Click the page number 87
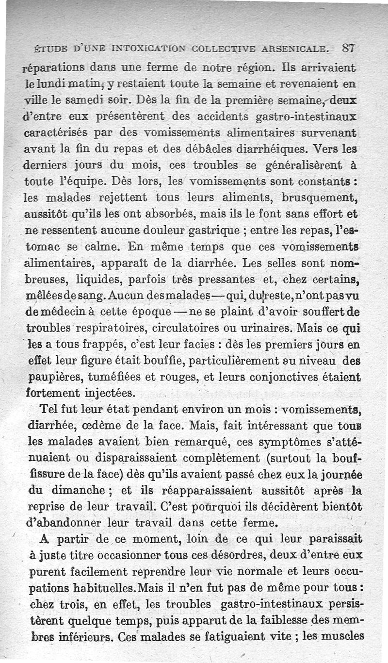[349, 48]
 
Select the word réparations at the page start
[54, 67]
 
